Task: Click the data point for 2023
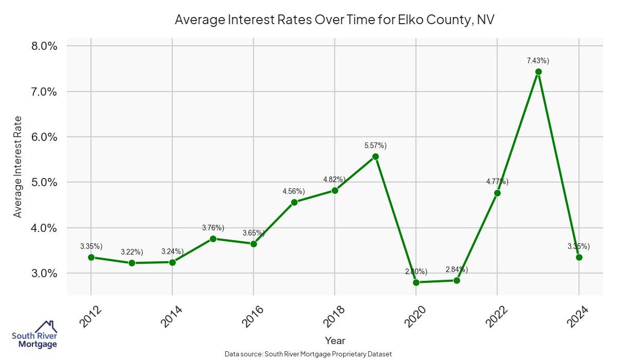538,72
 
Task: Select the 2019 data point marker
375,156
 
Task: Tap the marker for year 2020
416,282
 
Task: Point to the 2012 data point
91,257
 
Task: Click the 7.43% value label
538,61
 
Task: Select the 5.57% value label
375,146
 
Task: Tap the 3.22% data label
132,252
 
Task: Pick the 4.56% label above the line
294,191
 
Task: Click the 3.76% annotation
213,228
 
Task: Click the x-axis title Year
335,340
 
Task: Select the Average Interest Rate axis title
18,167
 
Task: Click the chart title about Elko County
334,20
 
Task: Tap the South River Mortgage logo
34,334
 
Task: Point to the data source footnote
308,354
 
